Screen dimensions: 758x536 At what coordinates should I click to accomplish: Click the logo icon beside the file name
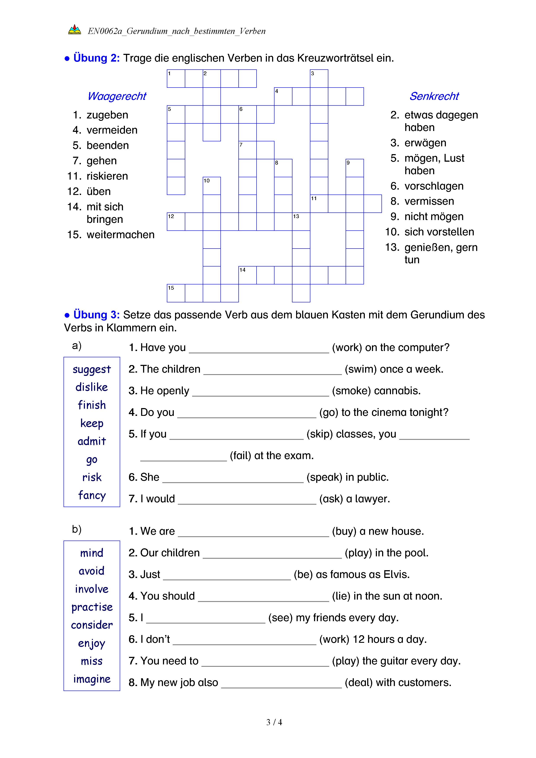click(75, 30)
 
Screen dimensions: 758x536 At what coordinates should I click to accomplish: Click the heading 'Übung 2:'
click(96, 58)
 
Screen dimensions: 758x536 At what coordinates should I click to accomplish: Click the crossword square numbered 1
click(176, 79)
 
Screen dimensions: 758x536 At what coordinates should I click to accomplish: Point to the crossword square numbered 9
click(355, 168)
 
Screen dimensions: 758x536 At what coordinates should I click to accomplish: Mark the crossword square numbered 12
click(176, 222)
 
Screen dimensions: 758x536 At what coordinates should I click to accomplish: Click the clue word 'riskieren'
click(107, 176)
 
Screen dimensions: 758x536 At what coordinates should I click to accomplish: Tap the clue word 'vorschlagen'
click(434, 186)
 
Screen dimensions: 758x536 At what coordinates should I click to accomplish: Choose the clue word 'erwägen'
click(425, 143)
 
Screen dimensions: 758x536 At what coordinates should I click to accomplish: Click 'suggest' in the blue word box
click(92, 369)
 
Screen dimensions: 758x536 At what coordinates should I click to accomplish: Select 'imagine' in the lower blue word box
click(92, 679)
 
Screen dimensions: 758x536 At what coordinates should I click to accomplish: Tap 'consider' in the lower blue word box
click(92, 625)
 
